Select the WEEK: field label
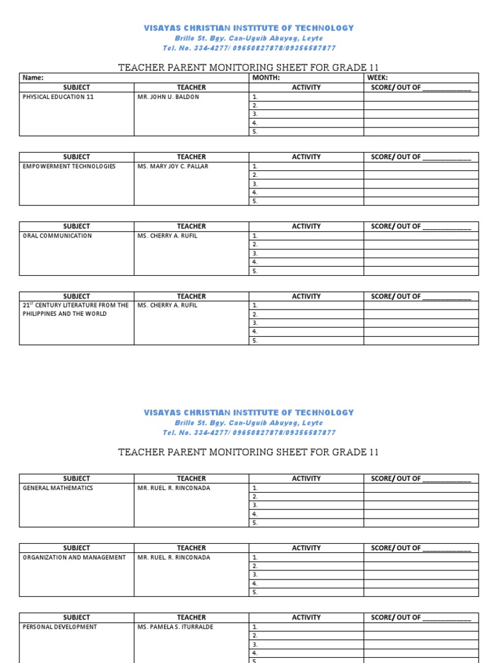(x=377, y=78)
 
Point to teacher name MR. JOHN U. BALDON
(x=169, y=96)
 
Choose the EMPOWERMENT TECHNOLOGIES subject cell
(x=69, y=166)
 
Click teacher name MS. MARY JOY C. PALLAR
(x=173, y=166)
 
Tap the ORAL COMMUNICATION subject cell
(x=57, y=236)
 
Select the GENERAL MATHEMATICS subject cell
(x=58, y=488)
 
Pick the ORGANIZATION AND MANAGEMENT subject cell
(x=74, y=557)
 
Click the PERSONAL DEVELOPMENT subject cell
(x=60, y=627)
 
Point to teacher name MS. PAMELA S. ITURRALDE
(x=175, y=627)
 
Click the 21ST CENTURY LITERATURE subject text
(x=75, y=309)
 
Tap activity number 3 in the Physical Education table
(x=255, y=114)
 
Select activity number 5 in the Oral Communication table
(x=255, y=271)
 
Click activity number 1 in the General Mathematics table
(x=255, y=488)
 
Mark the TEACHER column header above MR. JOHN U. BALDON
(x=191, y=87)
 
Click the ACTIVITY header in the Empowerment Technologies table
(x=306, y=157)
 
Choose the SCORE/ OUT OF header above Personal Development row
(x=421, y=618)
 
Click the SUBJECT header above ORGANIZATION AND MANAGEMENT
(x=77, y=548)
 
